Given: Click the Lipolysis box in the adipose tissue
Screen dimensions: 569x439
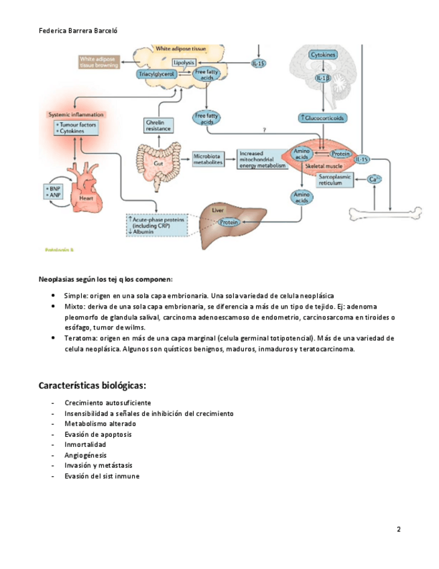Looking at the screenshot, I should pos(184,62).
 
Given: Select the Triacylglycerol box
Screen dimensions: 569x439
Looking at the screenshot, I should pos(157,74).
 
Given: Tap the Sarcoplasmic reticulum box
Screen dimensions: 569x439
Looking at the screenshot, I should pos(336,179).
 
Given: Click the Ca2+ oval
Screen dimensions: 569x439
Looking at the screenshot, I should pos(375,180).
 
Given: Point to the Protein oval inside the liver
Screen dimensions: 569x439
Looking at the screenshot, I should pos(229,222).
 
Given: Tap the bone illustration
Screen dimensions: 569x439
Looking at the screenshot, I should pos(387,213).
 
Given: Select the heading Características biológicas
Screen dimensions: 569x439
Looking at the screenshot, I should pos(92,386).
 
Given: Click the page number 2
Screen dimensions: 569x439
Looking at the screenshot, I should pos(399,529).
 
